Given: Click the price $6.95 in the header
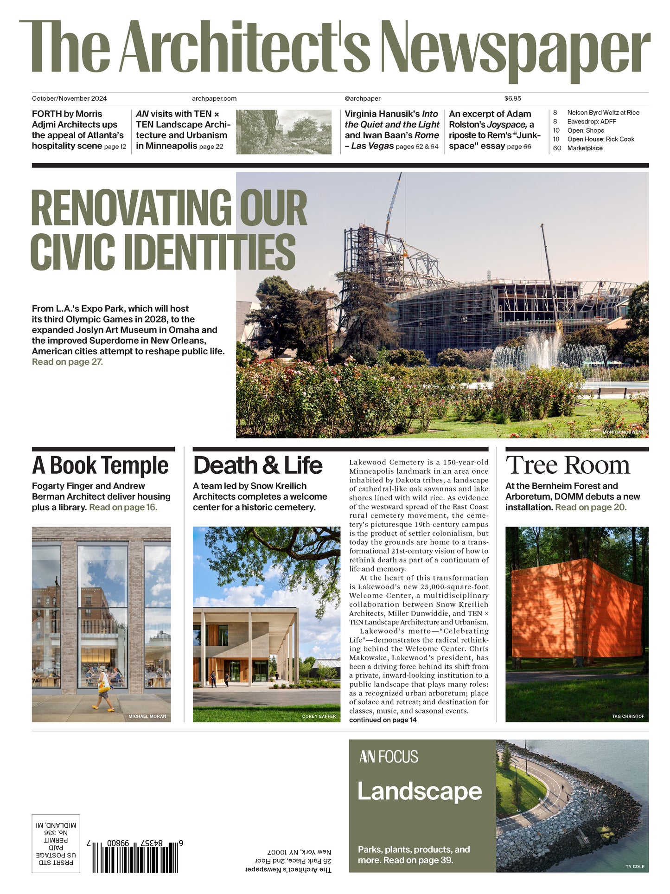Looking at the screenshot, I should tap(512, 98).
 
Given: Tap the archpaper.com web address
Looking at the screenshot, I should tap(214, 98).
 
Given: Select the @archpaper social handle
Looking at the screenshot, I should tap(363, 98).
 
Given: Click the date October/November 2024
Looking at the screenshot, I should tap(70, 98).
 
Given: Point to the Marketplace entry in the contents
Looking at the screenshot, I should tap(585, 148).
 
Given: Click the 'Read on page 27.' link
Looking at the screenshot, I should tap(67, 362).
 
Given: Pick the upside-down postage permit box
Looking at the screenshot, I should tap(56, 843).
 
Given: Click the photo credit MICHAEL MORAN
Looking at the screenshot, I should tap(147, 716).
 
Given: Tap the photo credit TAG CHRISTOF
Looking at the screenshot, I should tap(628, 716).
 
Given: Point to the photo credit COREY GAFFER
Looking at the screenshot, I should tap(319, 716).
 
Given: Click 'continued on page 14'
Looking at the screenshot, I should tap(383, 720).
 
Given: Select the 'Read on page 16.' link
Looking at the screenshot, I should tap(123, 507).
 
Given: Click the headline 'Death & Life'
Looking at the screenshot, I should tap(258, 465).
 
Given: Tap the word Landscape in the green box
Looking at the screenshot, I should tap(420, 791).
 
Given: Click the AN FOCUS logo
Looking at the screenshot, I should tap(389, 757).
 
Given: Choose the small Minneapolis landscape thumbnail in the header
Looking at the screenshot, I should tap(284, 132).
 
